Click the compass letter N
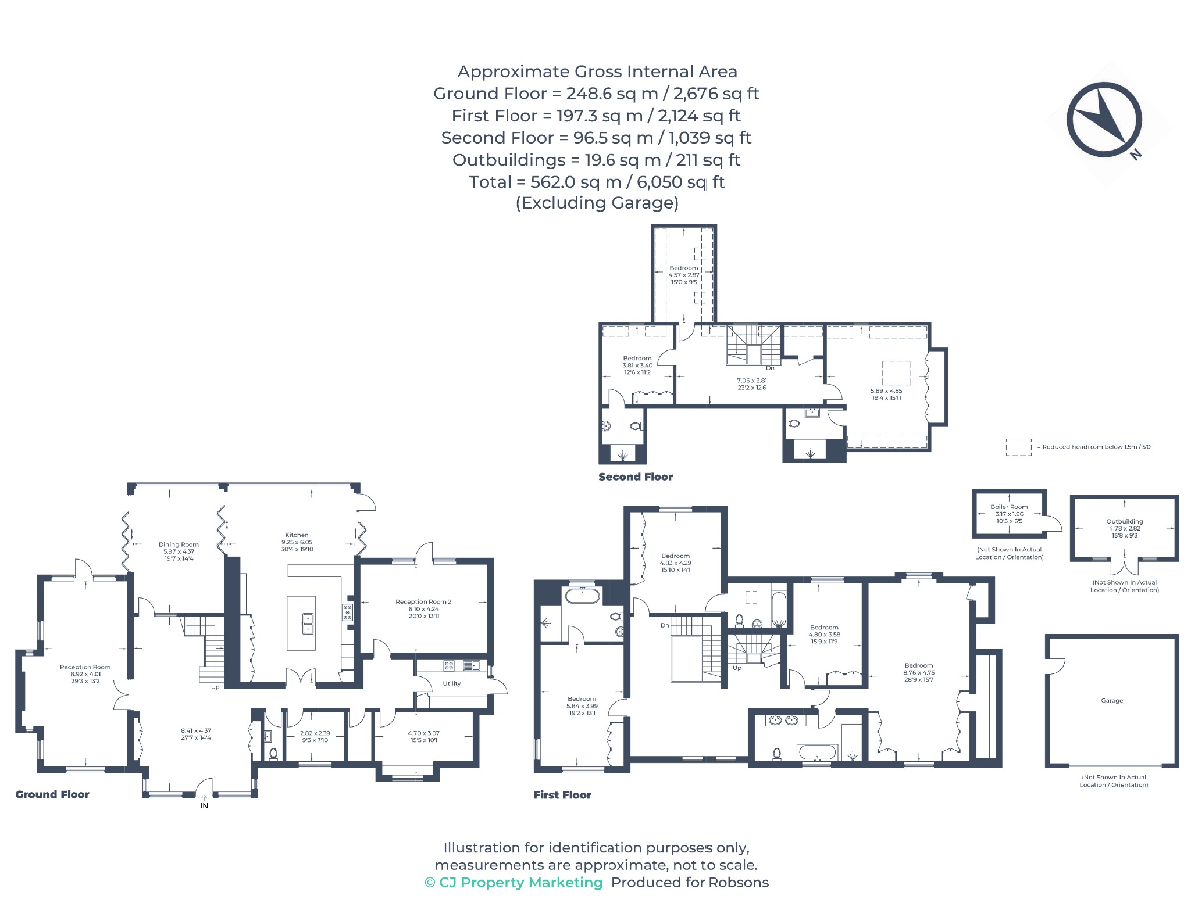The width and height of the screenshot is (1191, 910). [1135, 154]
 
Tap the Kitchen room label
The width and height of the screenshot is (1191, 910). [297, 535]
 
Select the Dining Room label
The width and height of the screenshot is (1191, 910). [179, 544]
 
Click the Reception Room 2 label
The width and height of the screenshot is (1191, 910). [423, 601]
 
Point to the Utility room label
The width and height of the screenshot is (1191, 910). [452, 683]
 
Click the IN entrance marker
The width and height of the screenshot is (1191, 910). [204, 806]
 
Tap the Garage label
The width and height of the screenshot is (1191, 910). [1112, 700]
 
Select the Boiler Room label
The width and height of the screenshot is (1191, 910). [1009, 507]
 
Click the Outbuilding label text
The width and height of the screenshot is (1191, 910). [1125, 521]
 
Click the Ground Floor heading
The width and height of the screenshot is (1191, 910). [52, 794]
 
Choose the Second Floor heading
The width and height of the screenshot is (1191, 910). [636, 477]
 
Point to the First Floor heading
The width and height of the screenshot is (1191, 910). [562, 795]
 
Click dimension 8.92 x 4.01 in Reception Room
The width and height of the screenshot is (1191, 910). [85, 674]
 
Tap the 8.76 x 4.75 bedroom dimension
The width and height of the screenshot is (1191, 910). [919, 672]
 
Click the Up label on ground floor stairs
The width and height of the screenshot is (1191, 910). [215, 687]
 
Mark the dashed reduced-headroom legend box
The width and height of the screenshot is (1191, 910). [1018, 447]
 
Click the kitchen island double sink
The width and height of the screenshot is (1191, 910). [308, 624]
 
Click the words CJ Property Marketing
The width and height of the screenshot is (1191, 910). [520, 882]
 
